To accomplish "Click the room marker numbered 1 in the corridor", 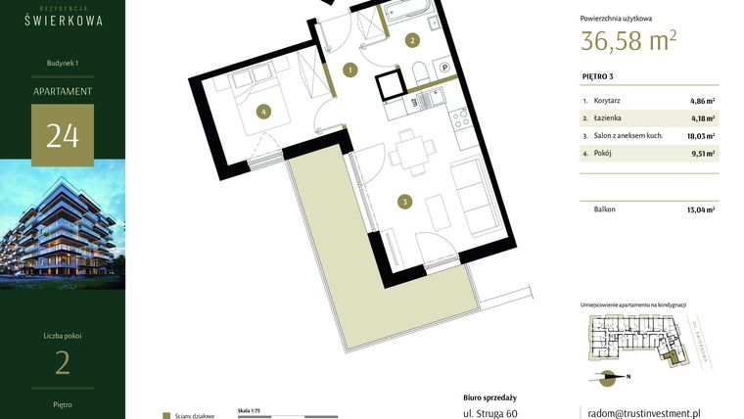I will pos(350,70).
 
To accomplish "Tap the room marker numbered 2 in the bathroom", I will pos(412,40).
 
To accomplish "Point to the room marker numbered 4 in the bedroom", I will pos(262,112).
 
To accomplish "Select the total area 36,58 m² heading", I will pos(628,41).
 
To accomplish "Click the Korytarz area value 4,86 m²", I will pos(701,101).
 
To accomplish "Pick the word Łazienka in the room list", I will pos(609,118).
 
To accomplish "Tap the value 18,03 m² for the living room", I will pos(699,136).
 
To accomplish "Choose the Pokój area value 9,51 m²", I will pos(701,154).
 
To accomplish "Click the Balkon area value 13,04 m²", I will pos(699,209).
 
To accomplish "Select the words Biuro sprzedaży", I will pos(489,397).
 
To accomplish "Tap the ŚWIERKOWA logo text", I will pos(63,20).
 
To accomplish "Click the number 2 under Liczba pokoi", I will pos(63,363).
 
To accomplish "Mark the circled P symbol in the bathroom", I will pos(443,68).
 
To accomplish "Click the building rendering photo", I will pos(63,224).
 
